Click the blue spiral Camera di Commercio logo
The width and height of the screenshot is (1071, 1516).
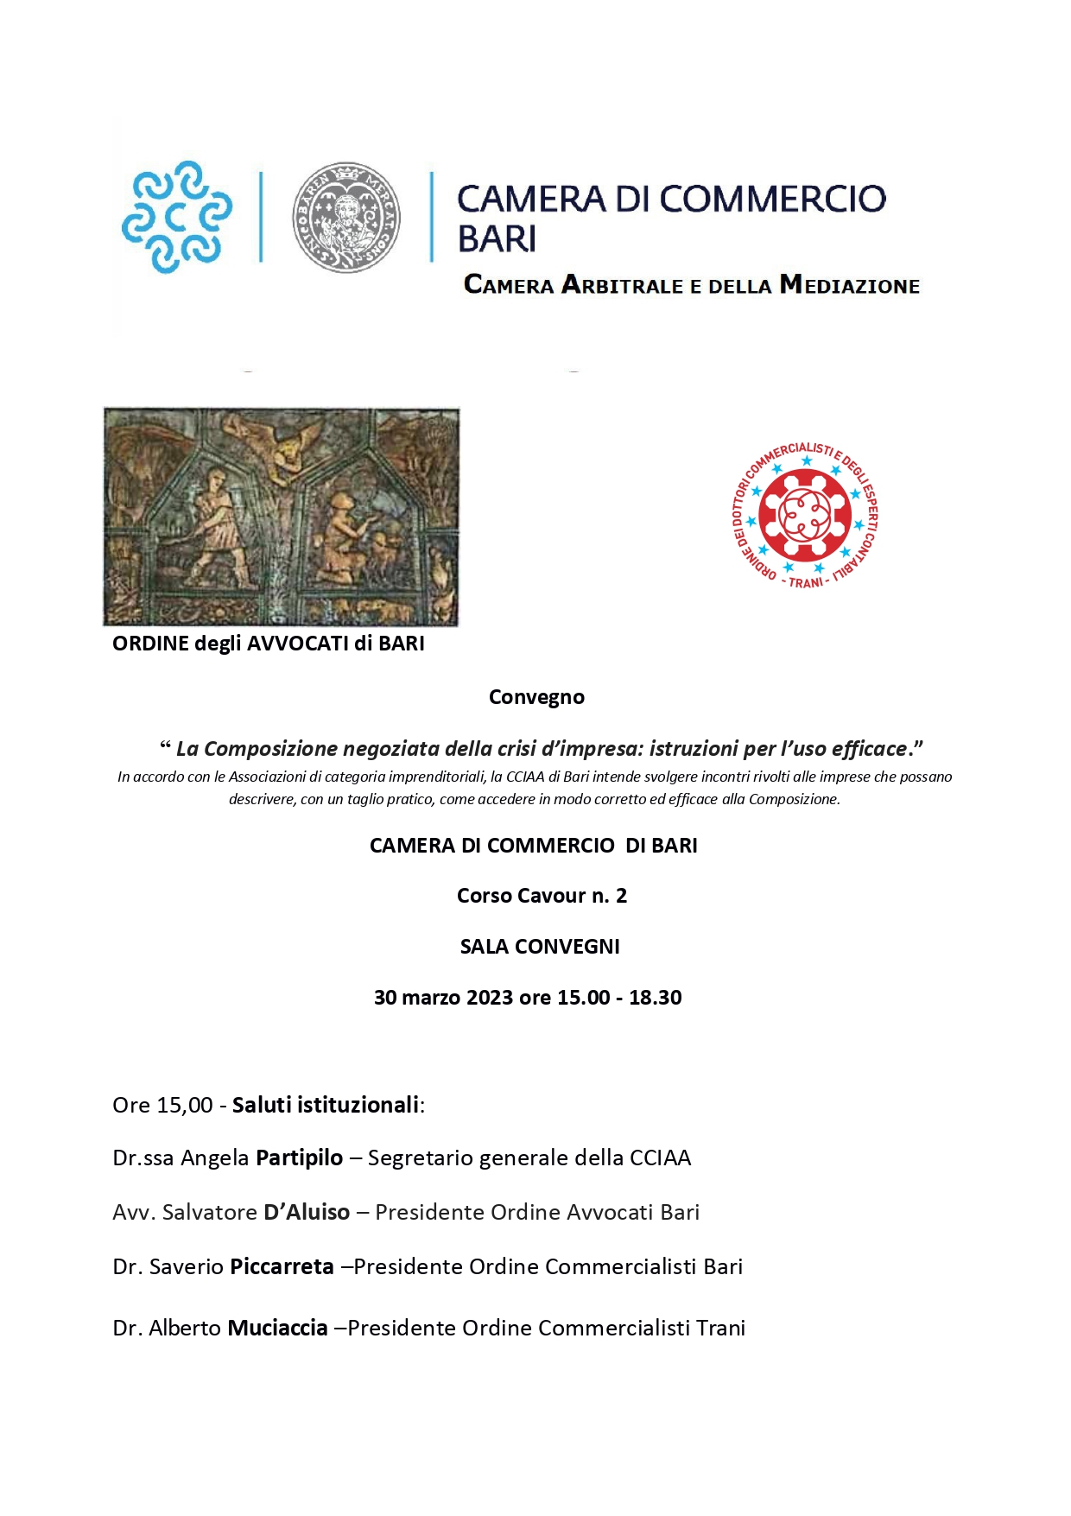(x=177, y=216)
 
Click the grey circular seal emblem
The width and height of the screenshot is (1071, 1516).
(x=346, y=217)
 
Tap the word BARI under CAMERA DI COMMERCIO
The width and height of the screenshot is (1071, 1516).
(x=497, y=238)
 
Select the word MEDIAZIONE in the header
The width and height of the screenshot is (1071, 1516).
(x=850, y=285)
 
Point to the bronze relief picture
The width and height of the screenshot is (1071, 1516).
(x=282, y=517)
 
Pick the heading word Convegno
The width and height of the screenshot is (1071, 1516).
(x=536, y=697)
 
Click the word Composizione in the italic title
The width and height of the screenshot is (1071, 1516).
(x=270, y=748)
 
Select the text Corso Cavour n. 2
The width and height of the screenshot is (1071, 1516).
(x=542, y=896)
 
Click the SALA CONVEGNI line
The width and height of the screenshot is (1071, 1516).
(x=540, y=947)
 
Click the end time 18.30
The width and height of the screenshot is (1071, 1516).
(x=655, y=998)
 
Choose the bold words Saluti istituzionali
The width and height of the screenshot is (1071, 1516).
(x=326, y=1105)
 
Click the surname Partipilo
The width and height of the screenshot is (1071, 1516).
(x=299, y=1158)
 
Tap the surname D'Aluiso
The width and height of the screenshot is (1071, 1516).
(x=307, y=1212)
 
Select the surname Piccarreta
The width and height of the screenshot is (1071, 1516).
(x=282, y=1266)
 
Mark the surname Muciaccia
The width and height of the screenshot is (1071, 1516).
(x=277, y=1328)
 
